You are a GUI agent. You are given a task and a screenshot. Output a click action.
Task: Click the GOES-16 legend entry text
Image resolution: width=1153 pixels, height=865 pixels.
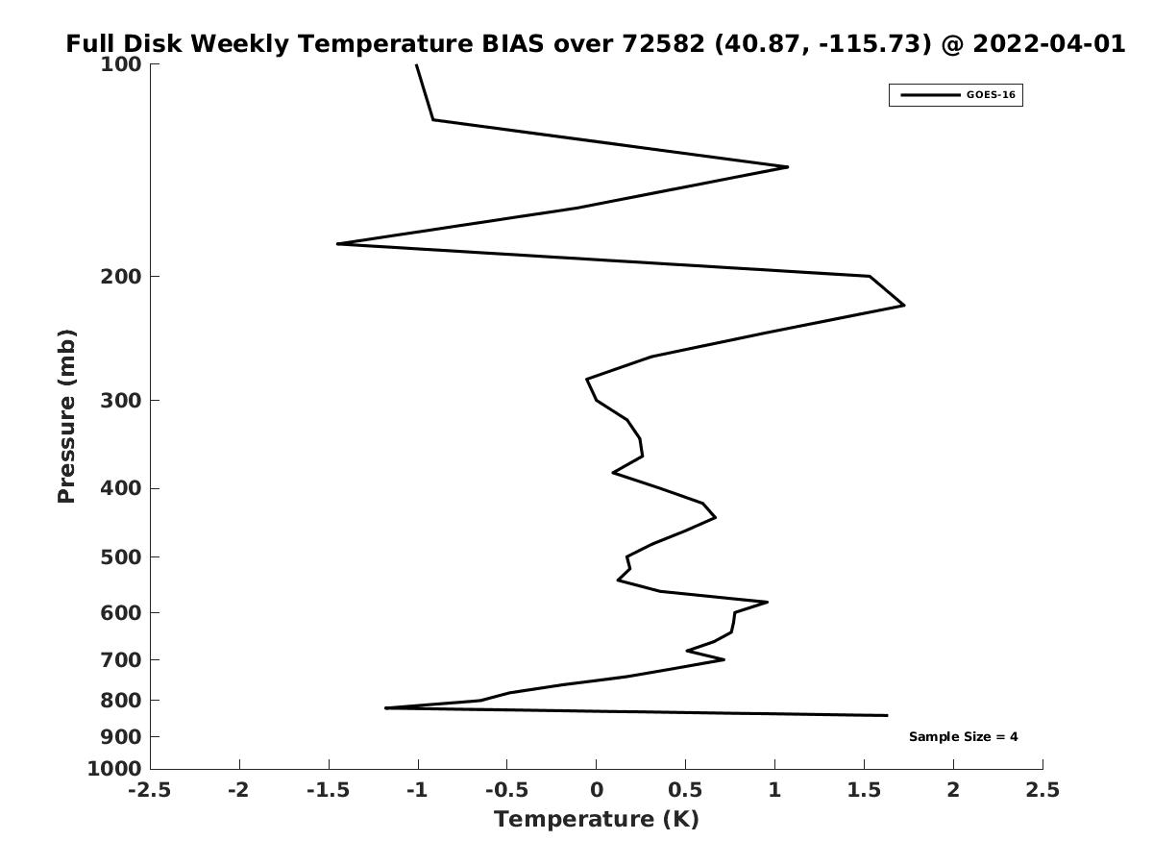coord(991,95)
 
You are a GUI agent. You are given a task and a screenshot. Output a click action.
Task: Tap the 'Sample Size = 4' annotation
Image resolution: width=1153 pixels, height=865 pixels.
coord(963,737)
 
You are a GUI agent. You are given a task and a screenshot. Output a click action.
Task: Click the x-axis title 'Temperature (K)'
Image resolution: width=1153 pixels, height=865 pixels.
coord(597,819)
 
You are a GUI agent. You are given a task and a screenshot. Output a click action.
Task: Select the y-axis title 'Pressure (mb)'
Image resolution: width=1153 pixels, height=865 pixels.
coord(66,416)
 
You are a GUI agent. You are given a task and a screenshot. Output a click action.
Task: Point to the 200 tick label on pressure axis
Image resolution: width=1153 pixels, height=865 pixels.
coord(121,276)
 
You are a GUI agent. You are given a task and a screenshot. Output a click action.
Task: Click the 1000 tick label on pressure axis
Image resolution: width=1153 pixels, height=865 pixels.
coord(114,769)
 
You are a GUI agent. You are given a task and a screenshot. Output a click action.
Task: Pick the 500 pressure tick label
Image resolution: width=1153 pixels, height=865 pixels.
coord(121,556)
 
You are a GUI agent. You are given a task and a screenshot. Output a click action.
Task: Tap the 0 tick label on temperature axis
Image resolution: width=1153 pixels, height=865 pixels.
coord(597,790)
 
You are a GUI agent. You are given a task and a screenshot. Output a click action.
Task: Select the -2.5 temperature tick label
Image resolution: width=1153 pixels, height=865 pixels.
coord(150,790)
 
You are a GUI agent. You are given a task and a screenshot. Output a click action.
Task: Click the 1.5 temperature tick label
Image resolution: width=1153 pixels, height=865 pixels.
coord(864,790)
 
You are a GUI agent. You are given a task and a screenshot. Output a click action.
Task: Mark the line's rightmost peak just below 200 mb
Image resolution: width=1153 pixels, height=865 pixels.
coord(904,305)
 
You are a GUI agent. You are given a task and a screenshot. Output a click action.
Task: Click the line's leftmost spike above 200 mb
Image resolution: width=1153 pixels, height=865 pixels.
coord(338,244)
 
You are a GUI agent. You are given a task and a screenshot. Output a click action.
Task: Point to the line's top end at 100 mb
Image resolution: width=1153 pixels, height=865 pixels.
coord(417,64)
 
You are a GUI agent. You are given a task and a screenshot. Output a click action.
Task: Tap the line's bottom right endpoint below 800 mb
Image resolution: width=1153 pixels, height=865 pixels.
coord(887,715)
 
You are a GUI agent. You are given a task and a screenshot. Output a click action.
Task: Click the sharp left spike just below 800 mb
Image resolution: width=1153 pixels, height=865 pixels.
coord(385,708)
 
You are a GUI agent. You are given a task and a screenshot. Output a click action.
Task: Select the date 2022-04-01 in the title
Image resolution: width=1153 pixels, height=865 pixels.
coord(1049,44)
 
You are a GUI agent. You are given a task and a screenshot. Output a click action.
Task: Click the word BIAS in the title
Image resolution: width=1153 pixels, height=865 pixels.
coord(513,44)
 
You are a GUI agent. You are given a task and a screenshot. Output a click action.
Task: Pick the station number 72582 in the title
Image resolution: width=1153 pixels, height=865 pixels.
coord(663,44)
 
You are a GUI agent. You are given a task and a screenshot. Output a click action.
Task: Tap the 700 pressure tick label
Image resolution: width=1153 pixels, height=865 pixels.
coord(121,659)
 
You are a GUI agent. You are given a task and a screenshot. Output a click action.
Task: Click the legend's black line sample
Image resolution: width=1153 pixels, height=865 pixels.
coord(930,95)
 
